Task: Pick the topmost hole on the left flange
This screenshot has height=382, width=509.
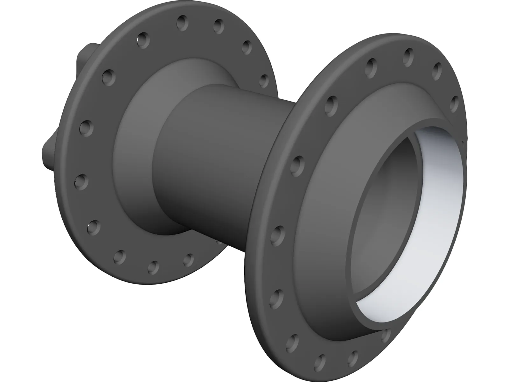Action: point(182,21)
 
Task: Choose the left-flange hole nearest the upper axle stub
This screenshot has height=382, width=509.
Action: point(108,76)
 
